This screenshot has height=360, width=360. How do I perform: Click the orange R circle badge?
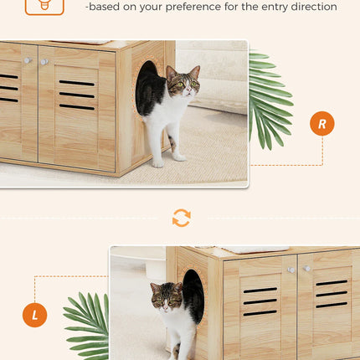321,123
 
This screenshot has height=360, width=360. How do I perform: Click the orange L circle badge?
34,315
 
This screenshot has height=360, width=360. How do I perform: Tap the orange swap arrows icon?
181,219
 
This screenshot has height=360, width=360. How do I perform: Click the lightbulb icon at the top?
44,4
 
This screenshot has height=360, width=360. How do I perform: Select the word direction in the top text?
310,8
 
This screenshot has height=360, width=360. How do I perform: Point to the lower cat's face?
167,300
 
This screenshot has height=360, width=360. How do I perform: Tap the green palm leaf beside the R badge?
270,100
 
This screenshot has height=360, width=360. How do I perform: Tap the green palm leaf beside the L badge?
88,322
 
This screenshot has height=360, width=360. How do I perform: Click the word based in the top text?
107,8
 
